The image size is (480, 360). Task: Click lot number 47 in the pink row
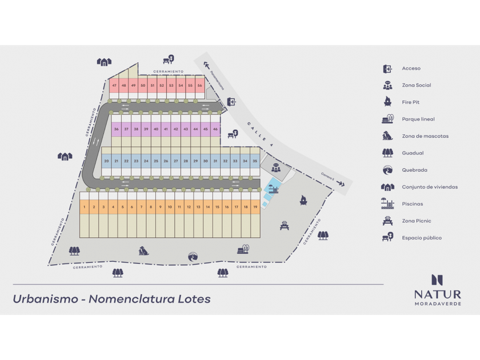pyautogui.click(x=114, y=86)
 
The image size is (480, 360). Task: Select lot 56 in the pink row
pyautogui.click(x=199, y=86)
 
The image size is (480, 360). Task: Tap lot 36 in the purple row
pyautogui.click(x=117, y=130)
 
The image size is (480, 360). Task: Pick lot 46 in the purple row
pyautogui.click(x=215, y=130)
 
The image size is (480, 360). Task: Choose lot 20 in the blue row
pyautogui.click(x=106, y=162)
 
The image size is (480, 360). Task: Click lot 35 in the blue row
pyautogui.click(x=255, y=162)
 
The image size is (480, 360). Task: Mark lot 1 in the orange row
pyautogui.click(x=84, y=207)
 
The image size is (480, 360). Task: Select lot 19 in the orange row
pyautogui.click(x=254, y=207)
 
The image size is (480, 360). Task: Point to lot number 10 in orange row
pyautogui.click(x=170, y=207)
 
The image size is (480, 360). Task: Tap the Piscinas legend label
pyautogui.click(x=412, y=204)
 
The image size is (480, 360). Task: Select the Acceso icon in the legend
pyautogui.click(x=387, y=69)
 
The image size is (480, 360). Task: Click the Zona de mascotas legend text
pyautogui.click(x=425, y=136)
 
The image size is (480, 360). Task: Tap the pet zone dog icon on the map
pyautogui.click(x=143, y=250)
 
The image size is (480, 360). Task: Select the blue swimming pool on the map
pyautogui.click(x=272, y=187)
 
